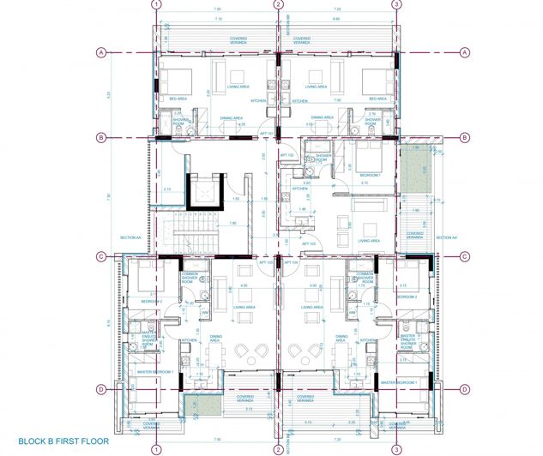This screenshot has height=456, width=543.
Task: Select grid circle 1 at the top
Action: click(156, 4)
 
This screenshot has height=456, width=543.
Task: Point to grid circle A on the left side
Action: click(101, 52)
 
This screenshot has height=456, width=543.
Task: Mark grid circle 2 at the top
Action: click(278, 4)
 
